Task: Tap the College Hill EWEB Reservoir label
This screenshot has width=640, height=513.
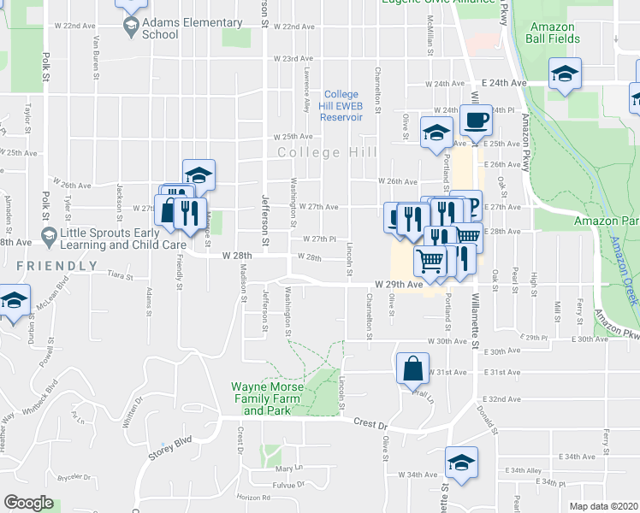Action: (x=341, y=106)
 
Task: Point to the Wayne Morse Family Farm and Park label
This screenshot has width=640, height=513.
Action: (x=268, y=398)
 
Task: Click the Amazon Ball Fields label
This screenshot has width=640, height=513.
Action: (x=552, y=32)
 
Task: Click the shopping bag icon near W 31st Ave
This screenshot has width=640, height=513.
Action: (x=412, y=369)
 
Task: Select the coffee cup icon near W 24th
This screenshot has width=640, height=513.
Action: (x=475, y=120)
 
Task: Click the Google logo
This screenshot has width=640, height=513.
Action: (x=29, y=503)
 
